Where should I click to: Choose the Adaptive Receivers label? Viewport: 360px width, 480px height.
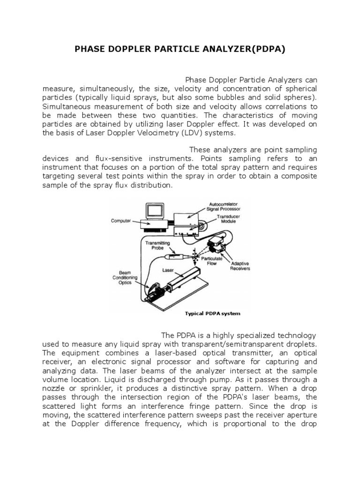[x=240, y=266]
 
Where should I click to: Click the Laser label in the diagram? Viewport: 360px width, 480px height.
[x=167, y=270]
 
